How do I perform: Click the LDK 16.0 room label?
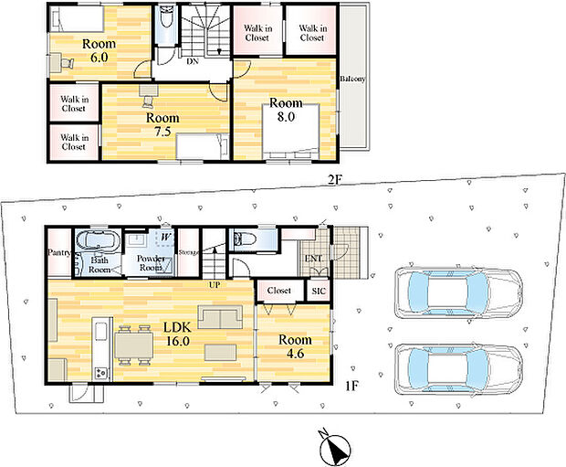(x=177, y=334)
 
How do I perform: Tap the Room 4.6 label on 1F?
(x=295, y=346)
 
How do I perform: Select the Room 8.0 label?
(x=286, y=110)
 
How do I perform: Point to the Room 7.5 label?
(x=162, y=124)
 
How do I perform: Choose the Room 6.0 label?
(x=99, y=50)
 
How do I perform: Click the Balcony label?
(x=352, y=79)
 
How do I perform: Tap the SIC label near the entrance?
(x=319, y=291)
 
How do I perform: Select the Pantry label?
(x=59, y=252)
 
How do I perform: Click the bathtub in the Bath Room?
(x=98, y=240)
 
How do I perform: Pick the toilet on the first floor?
(x=245, y=239)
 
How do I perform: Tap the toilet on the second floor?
(x=166, y=16)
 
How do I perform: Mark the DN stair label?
(x=193, y=61)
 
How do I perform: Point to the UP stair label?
(x=215, y=285)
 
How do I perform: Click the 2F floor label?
(x=335, y=180)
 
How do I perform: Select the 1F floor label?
(x=351, y=386)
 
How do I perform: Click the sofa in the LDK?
(x=220, y=317)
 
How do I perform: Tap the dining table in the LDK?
(x=133, y=345)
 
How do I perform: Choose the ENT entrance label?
(x=313, y=259)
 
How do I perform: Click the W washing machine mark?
(x=165, y=238)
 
